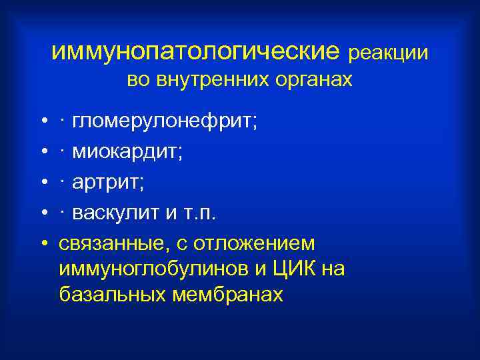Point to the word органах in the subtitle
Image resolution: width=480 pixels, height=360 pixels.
(x=310, y=81)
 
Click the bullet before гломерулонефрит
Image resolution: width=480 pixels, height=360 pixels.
(x=43, y=122)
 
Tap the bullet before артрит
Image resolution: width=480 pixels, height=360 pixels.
(x=43, y=183)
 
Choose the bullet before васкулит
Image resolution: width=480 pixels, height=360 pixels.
(x=43, y=213)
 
